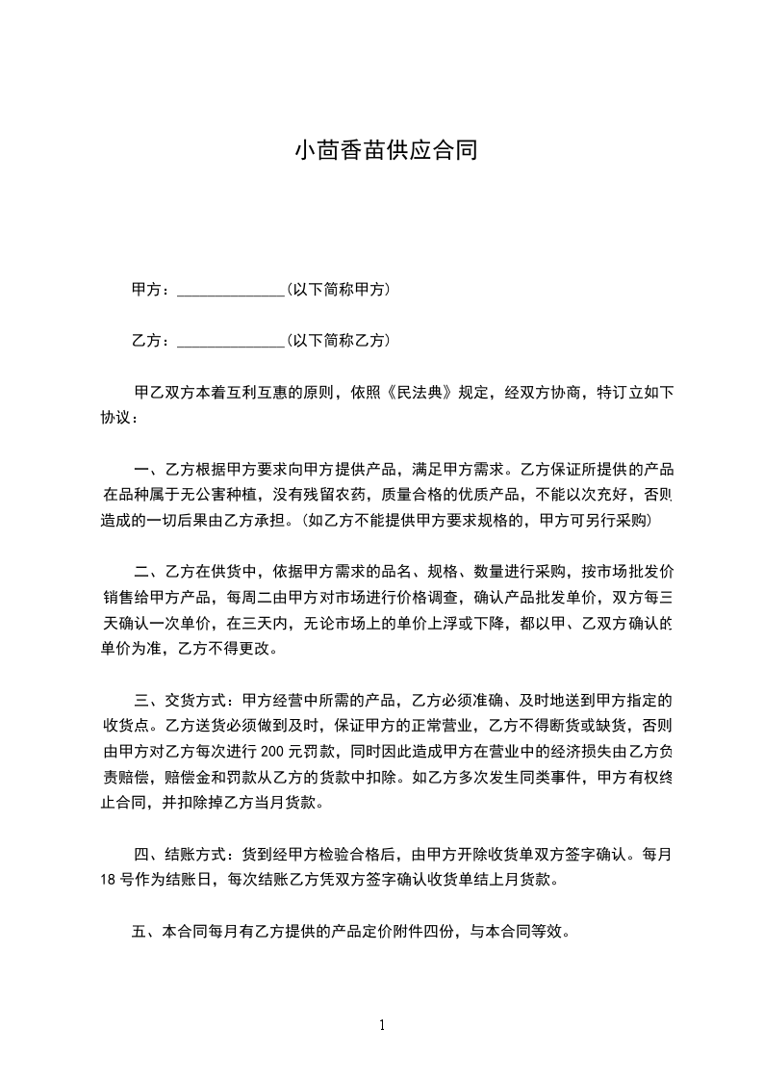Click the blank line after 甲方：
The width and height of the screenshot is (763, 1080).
click(231, 290)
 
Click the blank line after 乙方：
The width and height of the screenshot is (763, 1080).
click(231, 341)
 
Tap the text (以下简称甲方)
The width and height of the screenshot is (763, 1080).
click(338, 289)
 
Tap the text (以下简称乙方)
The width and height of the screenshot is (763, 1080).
click(338, 340)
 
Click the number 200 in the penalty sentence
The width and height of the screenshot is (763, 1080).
click(272, 750)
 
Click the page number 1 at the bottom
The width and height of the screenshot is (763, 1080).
click(382, 1025)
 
